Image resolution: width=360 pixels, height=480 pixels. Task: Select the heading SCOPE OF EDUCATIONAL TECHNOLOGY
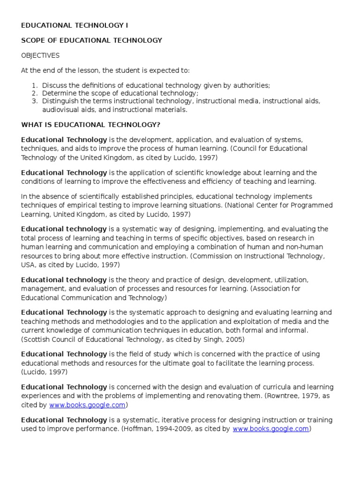[x=92, y=40]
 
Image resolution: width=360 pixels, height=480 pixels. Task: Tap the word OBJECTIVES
[x=40, y=55]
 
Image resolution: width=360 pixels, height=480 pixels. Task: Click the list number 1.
[x=34, y=85]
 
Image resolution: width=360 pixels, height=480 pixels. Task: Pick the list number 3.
[x=34, y=101]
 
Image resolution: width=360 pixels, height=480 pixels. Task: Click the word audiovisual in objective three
[x=60, y=110]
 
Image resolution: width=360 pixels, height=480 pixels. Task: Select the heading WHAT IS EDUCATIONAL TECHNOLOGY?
[x=90, y=125]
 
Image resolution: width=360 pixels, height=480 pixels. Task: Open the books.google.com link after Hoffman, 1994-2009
[x=270, y=428]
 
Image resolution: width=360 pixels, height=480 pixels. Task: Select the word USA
[x=28, y=264]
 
